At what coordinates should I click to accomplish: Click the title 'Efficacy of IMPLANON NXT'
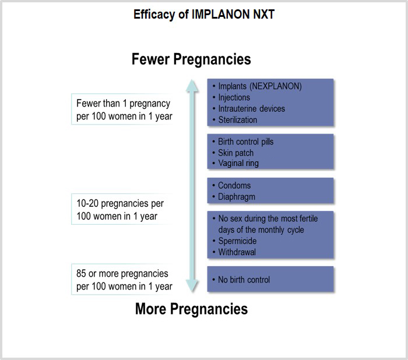(x=203, y=15)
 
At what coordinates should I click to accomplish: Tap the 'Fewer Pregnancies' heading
(x=191, y=59)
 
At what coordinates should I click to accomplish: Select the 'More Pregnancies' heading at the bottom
(x=191, y=308)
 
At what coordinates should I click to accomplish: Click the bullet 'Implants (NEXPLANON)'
(x=260, y=86)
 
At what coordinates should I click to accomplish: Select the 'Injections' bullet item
(x=234, y=97)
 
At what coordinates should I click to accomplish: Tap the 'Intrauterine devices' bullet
(x=252, y=108)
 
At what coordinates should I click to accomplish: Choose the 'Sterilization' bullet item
(x=237, y=119)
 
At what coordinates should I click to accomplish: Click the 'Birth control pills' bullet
(x=245, y=142)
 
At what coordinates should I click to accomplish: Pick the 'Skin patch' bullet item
(x=235, y=153)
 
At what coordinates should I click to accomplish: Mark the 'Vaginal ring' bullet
(x=238, y=163)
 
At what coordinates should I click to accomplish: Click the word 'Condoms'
(x=234, y=185)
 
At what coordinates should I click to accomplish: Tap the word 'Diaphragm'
(x=237, y=196)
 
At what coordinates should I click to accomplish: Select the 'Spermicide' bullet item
(x=237, y=241)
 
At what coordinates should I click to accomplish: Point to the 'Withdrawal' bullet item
(x=237, y=252)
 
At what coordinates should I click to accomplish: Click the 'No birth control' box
(x=270, y=280)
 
